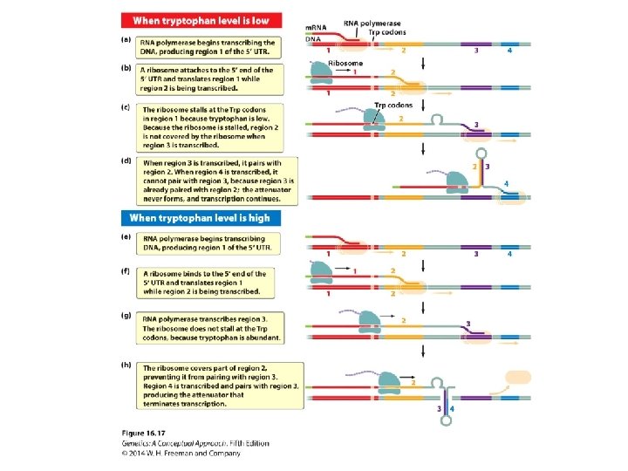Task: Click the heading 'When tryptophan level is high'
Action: [x=200, y=218]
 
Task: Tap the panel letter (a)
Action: [x=125, y=38]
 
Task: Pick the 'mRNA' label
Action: [x=315, y=29]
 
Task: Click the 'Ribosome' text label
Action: [x=346, y=64]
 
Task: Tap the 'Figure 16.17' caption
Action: [x=143, y=434]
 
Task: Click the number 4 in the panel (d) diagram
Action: [x=507, y=183]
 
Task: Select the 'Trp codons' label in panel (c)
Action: [x=392, y=106]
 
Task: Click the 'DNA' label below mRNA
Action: [x=312, y=39]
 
